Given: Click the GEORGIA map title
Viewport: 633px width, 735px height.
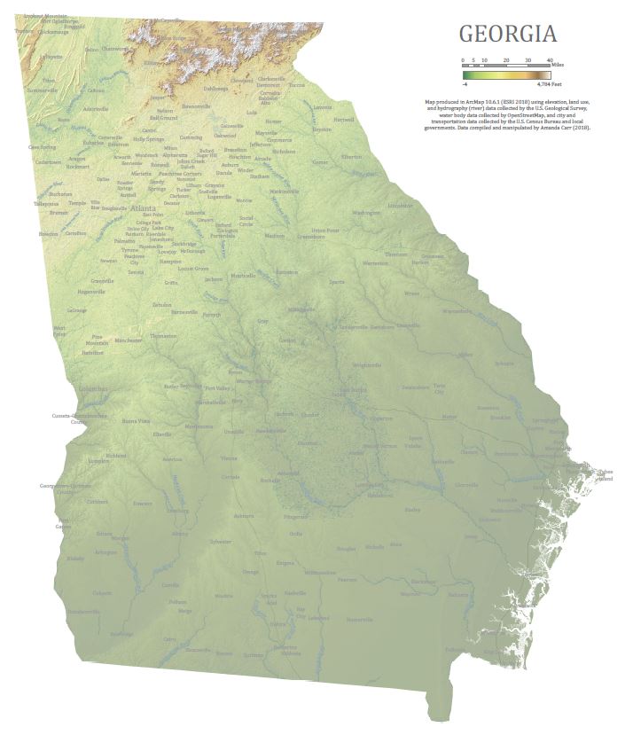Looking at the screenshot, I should (507, 35).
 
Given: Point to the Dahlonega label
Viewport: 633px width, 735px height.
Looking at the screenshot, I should (215, 89).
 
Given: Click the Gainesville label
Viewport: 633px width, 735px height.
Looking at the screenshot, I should (231, 126).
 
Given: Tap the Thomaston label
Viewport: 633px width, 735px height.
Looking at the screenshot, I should (163, 336).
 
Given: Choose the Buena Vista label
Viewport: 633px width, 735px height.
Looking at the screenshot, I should (136, 420).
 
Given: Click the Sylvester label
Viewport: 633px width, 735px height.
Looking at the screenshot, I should (221, 541).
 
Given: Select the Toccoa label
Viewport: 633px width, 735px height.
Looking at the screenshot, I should (296, 85).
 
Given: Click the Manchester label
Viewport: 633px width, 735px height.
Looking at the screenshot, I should (128, 340).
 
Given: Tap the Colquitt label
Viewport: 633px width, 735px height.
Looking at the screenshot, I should (102, 593).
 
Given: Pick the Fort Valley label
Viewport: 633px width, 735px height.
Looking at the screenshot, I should (217, 388).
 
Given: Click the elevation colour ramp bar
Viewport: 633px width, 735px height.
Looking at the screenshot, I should (506, 76).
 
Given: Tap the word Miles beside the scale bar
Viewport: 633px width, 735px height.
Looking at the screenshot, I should (557, 65).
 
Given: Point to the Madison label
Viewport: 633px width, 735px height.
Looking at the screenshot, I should (275, 236).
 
